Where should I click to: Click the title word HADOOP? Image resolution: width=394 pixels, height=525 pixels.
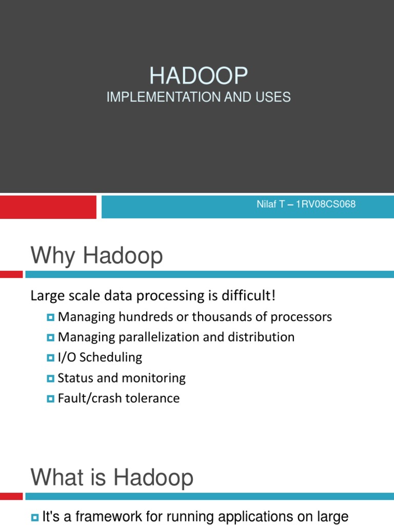199,76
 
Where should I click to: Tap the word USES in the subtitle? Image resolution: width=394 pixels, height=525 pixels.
274,97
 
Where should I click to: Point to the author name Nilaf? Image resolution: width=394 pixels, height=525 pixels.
266,205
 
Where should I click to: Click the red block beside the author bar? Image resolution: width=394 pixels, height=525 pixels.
48,207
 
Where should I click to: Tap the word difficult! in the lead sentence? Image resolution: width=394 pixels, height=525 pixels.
250,296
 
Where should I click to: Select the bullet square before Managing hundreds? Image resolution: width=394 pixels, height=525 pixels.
50,317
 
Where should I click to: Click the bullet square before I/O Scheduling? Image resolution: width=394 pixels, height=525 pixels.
50,358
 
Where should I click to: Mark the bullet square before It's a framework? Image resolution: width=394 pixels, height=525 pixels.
35,517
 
